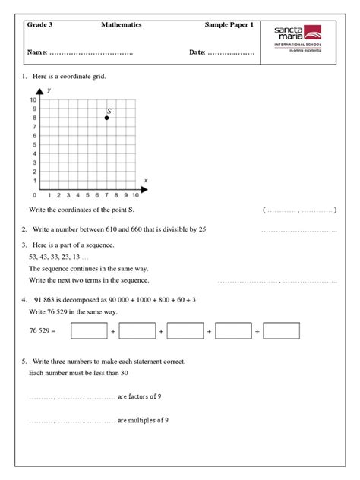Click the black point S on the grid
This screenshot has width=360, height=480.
click(x=107, y=118)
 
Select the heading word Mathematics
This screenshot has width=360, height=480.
click(x=122, y=26)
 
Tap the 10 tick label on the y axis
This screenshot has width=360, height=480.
click(x=33, y=100)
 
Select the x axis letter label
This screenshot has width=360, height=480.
click(x=145, y=179)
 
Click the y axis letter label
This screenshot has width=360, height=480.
click(x=49, y=90)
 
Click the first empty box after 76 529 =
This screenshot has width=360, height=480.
click(x=89, y=331)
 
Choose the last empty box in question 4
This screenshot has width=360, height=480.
click(x=281, y=331)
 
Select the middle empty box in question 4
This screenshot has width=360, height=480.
click(x=185, y=331)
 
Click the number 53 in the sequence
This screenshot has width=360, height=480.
click(x=33, y=257)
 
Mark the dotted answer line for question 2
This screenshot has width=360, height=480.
click(x=298, y=230)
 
